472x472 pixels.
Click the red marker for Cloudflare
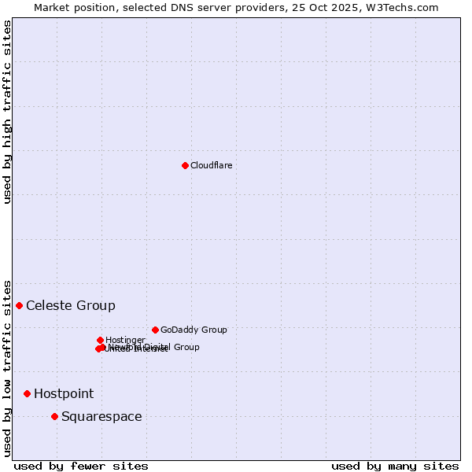pos(185,165)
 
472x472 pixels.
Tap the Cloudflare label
pos(211,165)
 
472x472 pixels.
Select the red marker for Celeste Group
pos(19,305)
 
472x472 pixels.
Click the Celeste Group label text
pos(71,305)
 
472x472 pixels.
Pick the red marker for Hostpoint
pos(27,393)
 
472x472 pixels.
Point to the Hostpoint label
pos(64,393)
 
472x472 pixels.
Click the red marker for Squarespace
pos(54,416)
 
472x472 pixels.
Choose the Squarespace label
pos(101,416)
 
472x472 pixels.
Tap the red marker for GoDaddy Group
pos(155,330)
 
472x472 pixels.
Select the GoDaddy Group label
pos(194,330)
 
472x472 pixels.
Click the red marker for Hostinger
pos(100,340)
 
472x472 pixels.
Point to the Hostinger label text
pos(125,340)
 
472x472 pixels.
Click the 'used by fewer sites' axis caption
pos(81,466)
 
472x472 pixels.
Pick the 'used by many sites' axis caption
pos(395,466)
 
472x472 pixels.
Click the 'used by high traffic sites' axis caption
pos(7,112)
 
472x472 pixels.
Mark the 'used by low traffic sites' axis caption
pos(7,368)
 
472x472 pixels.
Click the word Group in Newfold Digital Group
pos(186,347)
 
